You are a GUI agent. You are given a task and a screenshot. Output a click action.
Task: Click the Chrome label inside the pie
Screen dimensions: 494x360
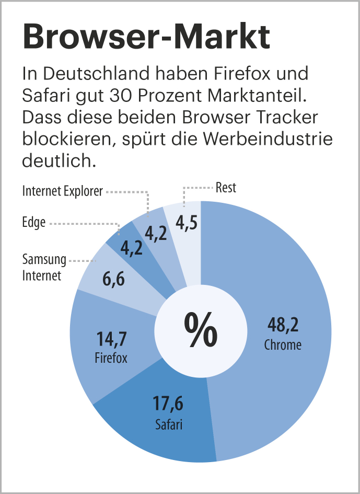tap(283, 345)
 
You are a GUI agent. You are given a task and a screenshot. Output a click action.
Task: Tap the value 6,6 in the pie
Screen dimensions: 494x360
tap(113, 280)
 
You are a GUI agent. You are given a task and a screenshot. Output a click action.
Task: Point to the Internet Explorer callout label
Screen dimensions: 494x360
tap(63, 191)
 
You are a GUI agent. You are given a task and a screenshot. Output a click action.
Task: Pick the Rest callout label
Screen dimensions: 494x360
tap(226, 188)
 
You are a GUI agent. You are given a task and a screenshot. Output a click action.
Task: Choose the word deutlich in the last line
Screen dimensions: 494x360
tap(60, 161)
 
